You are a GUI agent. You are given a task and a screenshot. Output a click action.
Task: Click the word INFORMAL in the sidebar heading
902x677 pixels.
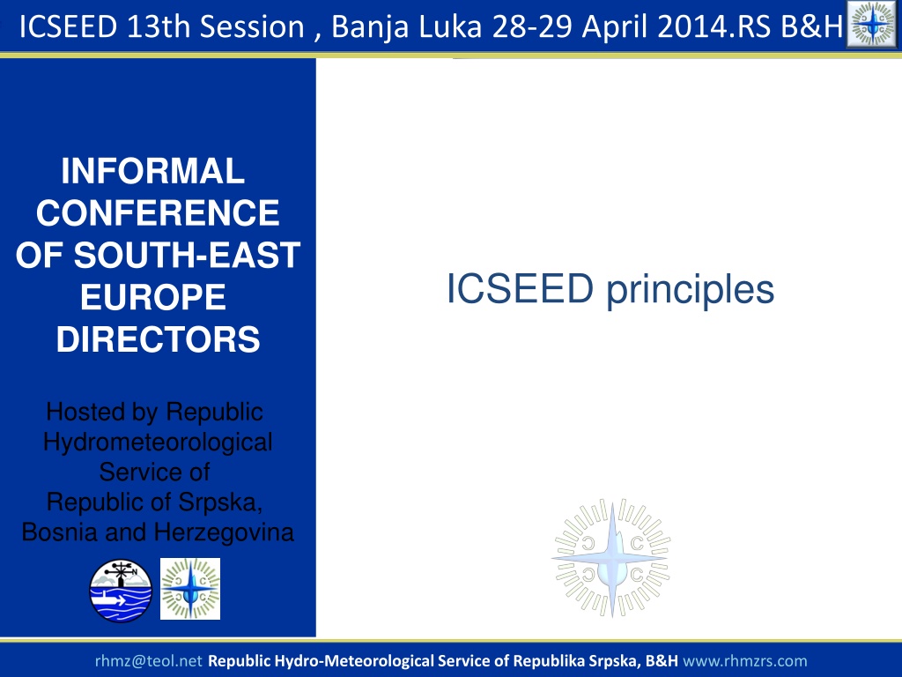click(153, 171)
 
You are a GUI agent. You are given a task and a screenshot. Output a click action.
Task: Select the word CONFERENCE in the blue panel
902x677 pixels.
click(158, 213)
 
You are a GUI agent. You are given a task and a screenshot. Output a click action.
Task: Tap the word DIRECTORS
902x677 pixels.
click(159, 339)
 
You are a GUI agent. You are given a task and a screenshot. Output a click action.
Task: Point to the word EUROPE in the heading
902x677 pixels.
click(153, 297)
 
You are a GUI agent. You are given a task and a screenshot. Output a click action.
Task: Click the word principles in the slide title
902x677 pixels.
click(691, 290)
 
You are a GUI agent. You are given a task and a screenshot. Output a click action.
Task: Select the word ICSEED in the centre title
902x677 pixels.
click(520, 288)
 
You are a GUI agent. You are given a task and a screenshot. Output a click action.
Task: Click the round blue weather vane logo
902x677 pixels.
click(121, 591)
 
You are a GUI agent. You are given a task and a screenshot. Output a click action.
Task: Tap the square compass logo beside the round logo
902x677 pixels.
click(190, 589)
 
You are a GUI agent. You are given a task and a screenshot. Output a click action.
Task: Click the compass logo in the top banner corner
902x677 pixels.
click(873, 24)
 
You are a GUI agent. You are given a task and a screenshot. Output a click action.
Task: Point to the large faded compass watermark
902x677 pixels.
click(612, 558)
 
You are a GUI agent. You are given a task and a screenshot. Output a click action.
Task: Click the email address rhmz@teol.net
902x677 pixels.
click(148, 661)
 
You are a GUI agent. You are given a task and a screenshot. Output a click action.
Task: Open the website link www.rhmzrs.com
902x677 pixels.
click(745, 661)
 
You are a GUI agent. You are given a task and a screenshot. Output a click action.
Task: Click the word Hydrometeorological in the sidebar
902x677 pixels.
click(158, 443)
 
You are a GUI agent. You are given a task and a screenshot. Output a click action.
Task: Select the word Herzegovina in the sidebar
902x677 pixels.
click(224, 532)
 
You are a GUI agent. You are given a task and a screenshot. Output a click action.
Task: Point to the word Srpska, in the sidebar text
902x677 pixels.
click(220, 502)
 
